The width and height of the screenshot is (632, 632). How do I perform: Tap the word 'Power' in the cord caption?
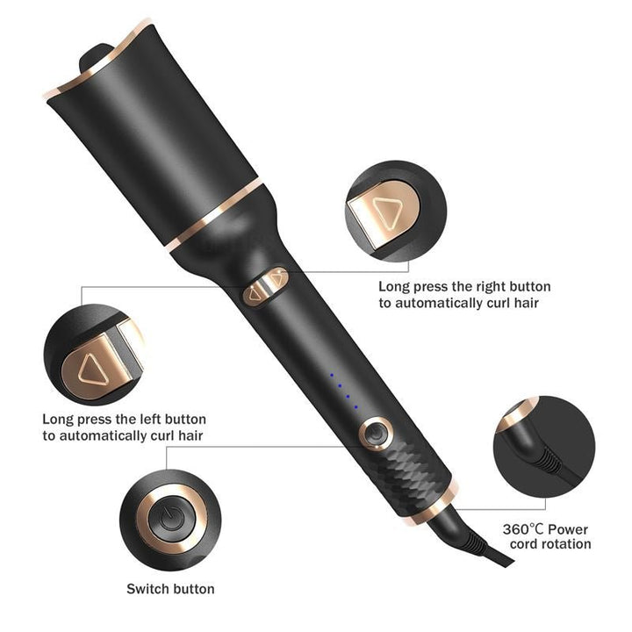pyautogui.click(x=567, y=529)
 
